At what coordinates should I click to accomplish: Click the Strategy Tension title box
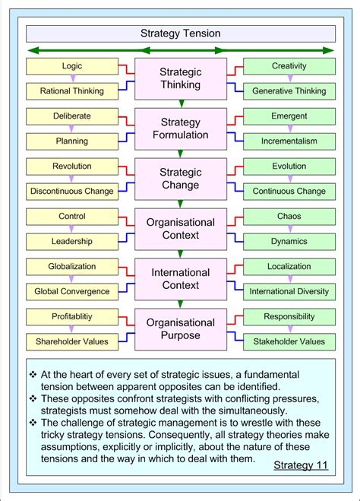click(x=180, y=33)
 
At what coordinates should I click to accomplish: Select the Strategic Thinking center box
click(x=180, y=78)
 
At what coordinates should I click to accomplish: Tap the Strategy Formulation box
click(x=180, y=128)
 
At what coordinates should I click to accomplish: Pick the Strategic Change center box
click(x=180, y=179)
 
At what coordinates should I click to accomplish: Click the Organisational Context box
click(x=180, y=229)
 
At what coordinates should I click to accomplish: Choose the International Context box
click(x=180, y=279)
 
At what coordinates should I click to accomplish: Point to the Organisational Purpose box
click(x=180, y=328)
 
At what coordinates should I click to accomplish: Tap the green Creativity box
click(x=289, y=66)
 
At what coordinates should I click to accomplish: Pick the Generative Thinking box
click(x=289, y=91)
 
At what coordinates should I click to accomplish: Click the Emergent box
click(x=289, y=116)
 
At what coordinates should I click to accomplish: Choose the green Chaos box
click(x=289, y=217)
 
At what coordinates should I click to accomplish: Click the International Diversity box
click(x=289, y=292)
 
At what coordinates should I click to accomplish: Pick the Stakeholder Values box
click(x=289, y=341)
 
